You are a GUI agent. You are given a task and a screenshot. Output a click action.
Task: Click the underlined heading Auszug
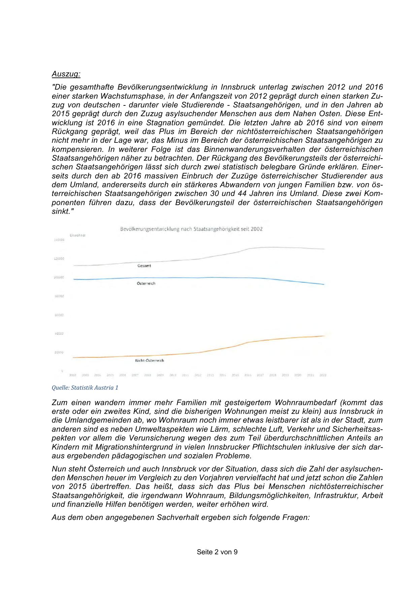(x=66, y=74)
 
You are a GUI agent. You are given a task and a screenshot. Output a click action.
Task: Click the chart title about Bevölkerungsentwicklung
(x=191, y=229)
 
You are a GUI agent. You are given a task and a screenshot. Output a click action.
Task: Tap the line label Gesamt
(x=144, y=266)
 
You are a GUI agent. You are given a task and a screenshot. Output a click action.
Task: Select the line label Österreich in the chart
(x=146, y=284)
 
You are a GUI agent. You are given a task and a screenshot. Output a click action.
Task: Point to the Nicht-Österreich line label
(x=149, y=360)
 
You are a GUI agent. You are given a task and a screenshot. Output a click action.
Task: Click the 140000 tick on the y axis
(x=59, y=240)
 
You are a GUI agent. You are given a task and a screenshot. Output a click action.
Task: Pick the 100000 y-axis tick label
(x=59, y=277)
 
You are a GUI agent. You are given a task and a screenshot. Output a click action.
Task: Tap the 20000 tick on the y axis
(x=59, y=352)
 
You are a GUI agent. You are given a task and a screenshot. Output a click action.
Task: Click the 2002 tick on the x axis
(x=73, y=375)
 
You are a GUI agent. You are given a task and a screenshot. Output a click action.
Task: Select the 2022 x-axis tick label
(x=323, y=375)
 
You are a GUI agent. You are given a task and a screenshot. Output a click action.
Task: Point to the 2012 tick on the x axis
(x=198, y=375)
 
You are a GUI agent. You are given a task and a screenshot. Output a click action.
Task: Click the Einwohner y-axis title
(x=77, y=235)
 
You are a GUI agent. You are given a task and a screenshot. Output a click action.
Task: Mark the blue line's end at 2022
(x=324, y=285)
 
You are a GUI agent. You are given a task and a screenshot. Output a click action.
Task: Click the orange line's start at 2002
(x=73, y=357)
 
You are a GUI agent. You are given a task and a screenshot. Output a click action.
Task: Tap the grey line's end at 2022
(x=324, y=249)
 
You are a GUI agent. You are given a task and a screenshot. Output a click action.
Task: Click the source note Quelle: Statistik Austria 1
(x=85, y=388)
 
